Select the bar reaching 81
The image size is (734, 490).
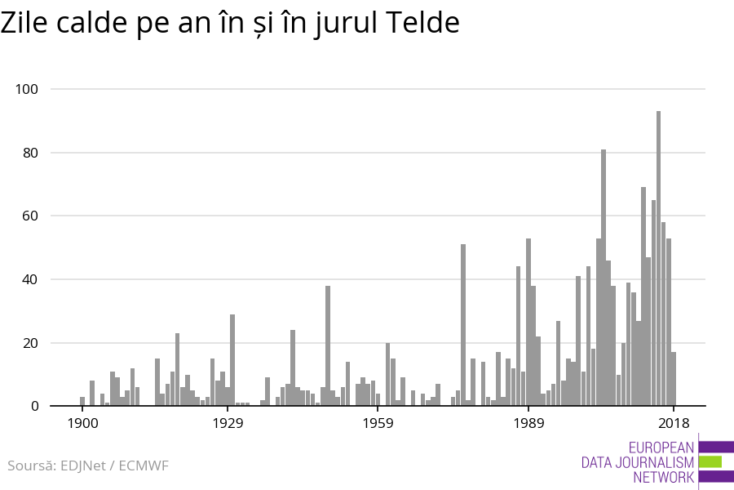point(604,278)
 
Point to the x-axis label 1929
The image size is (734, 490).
point(228,423)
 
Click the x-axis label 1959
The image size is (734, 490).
point(378,423)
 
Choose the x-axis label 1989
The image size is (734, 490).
point(528,423)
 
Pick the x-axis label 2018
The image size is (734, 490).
point(674,423)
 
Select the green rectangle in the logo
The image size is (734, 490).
point(710,461)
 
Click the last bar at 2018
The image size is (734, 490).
point(674,379)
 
